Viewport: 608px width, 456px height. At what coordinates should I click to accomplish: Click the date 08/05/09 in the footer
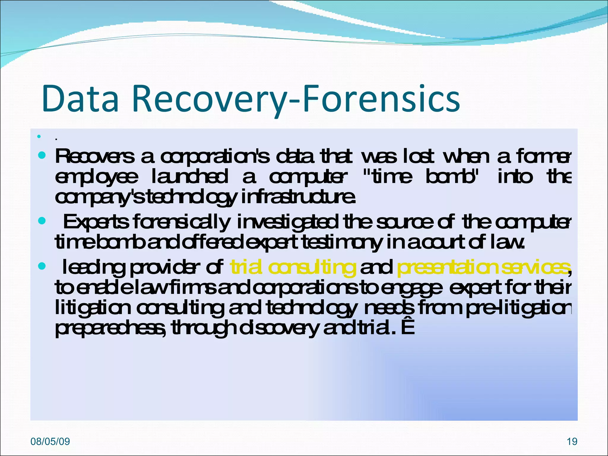click(x=50, y=441)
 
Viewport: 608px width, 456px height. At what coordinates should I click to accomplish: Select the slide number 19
click(x=572, y=441)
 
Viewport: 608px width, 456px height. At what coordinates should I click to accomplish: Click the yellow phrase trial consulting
click(x=293, y=267)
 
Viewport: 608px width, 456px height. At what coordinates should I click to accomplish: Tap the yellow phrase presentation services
click(x=483, y=267)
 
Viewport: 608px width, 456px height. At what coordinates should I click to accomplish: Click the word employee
click(x=96, y=178)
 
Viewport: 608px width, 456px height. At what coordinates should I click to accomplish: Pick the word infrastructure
click(x=298, y=197)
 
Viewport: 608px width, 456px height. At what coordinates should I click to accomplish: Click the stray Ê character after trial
click(x=408, y=328)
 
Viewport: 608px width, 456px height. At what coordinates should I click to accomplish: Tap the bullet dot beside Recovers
click(x=42, y=155)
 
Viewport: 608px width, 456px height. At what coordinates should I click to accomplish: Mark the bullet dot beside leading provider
click(x=42, y=266)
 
